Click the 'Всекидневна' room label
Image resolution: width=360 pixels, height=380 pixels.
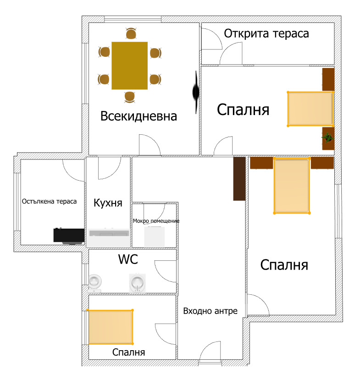point(138,116)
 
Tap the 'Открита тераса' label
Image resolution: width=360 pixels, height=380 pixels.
point(266,33)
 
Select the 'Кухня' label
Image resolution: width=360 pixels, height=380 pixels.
point(108,203)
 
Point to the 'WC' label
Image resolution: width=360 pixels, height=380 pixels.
point(128,259)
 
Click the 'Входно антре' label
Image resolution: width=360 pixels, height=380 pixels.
point(210,311)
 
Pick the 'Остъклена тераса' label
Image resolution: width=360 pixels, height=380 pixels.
point(49,201)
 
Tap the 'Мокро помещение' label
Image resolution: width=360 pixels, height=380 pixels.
point(156,220)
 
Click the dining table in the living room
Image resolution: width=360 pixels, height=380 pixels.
point(129,65)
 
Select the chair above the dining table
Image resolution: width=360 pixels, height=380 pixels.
point(131,33)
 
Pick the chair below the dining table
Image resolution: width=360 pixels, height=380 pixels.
point(130,97)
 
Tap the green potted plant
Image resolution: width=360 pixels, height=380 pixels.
point(327,137)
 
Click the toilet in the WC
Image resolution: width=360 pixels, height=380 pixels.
point(95,283)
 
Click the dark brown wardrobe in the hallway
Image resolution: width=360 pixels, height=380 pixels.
point(239,179)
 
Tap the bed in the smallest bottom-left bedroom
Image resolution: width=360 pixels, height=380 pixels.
point(110,327)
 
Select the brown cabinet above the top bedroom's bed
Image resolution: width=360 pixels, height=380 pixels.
point(328,79)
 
